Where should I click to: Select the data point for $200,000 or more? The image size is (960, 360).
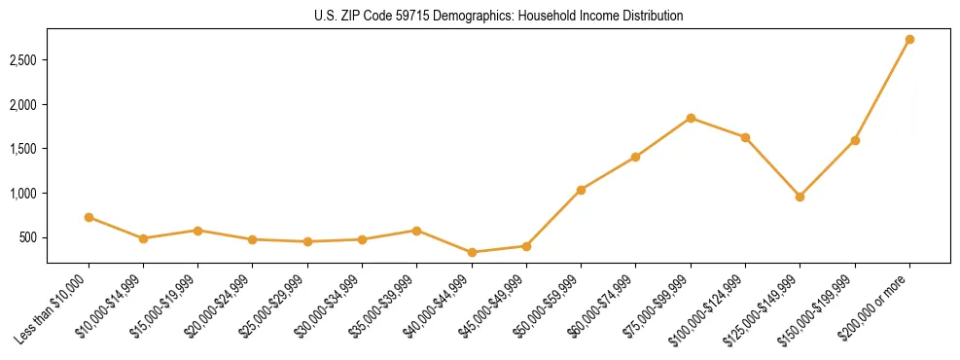click(x=909, y=40)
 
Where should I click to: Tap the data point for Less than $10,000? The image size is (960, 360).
click(x=89, y=218)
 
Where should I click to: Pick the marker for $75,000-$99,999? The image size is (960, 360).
click(x=691, y=118)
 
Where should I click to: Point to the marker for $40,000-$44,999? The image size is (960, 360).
click(x=472, y=252)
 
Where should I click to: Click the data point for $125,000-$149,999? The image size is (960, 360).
click(x=800, y=197)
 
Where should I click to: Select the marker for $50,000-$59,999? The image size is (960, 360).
click(x=581, y=190)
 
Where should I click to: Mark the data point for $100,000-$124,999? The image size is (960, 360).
click(x=745, y=137)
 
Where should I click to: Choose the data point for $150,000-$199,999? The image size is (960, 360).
click(x=855, y=140)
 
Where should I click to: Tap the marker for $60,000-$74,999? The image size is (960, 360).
click(x=635, y=157)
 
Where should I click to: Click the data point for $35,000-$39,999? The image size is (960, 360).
click(x=416, y=231)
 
